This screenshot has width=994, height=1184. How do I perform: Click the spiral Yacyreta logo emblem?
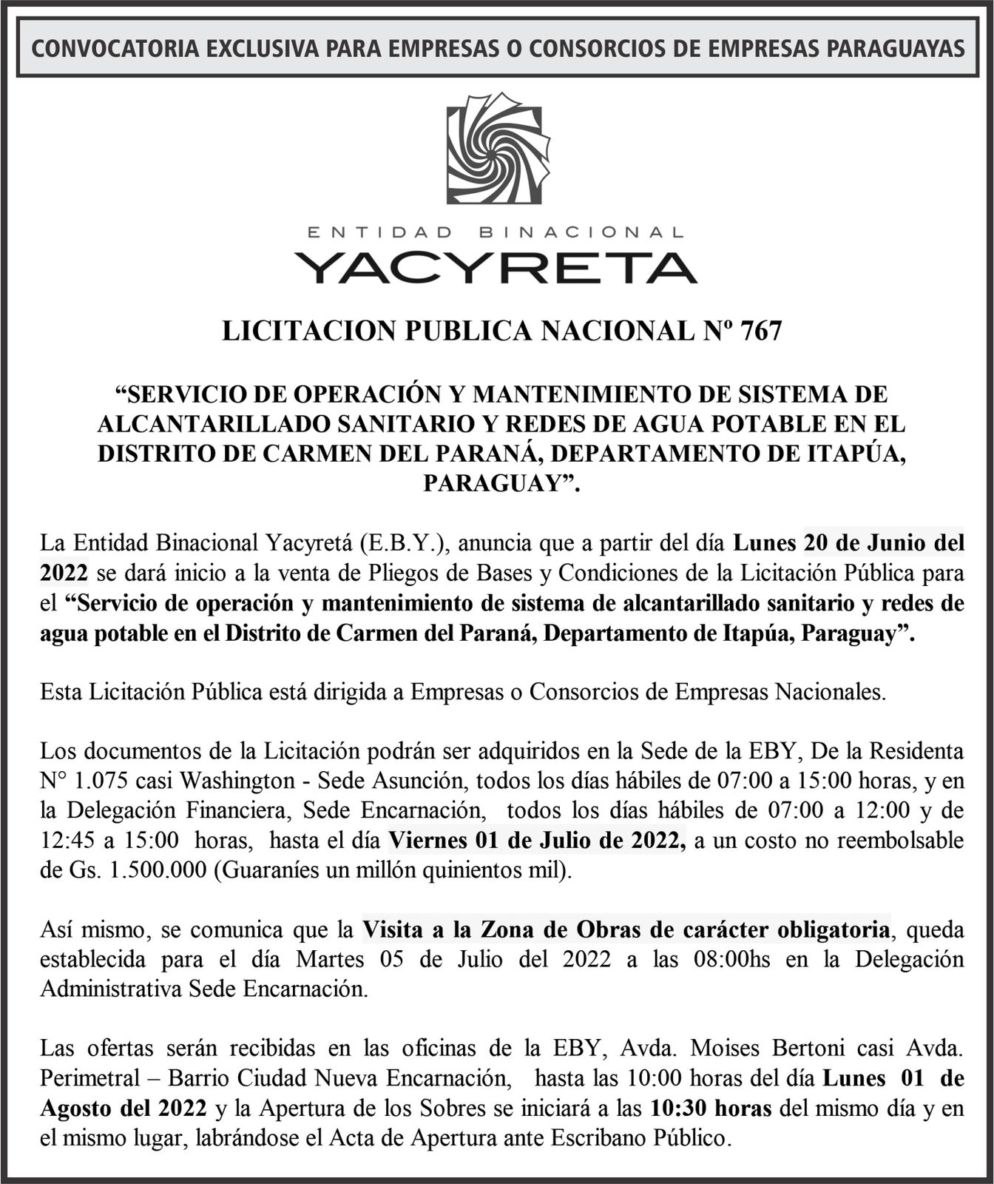click(x=498, y=149)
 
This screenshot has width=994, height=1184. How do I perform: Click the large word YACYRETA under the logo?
click(x=496, y=267)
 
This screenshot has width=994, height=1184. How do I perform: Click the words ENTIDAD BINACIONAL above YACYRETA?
click(x=496, y=232)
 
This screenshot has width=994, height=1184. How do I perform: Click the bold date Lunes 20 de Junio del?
click(x=849, y=543)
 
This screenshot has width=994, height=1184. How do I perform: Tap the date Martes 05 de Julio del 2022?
click(x=453, y=960)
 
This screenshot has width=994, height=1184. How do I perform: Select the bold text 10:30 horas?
click(x=711, y=1108)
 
